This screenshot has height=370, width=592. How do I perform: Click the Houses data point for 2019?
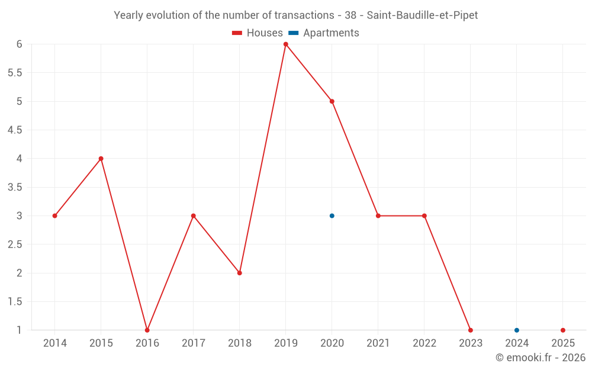(x=285, y=44)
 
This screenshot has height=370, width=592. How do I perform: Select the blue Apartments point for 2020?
(x=332, y=215)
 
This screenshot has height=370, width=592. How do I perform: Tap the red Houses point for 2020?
(x=332, y=101)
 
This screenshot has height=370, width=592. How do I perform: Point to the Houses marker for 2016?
(x=147, y=330)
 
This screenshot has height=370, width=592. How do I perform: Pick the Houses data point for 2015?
(x=101, y=159)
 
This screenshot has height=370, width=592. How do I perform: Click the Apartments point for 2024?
(x=516, y=330)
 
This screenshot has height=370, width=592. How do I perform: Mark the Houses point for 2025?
(x=562, y=330)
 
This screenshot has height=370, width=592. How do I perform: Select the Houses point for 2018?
(x=239, y=273)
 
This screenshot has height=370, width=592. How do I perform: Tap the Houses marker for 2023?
(x=470, y=330)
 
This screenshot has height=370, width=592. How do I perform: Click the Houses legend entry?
(x=258, y=33)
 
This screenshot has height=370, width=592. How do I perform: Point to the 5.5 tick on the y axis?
(x=15, y=73)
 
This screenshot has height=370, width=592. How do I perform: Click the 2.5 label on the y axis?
(x=15, y=244)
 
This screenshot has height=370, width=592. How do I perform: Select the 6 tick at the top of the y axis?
(x=19, y=44)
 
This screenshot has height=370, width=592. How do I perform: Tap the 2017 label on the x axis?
(x=193, y=343)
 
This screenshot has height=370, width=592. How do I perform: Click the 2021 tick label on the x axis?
(x=378, y=343)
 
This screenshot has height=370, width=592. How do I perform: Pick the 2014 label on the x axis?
(x=54, y=343)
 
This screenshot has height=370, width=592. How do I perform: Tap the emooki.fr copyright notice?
(x=540, y=358)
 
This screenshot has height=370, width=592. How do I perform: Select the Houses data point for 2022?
(x=424, y=215)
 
